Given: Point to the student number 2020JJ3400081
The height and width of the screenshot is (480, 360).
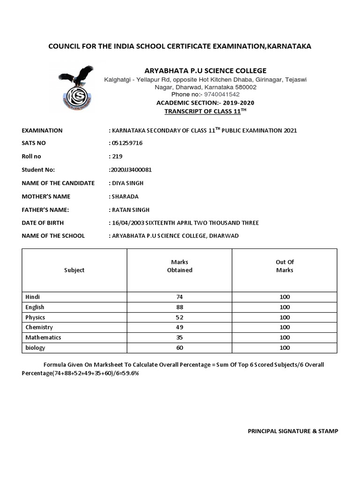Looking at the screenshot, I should [x=130, y=170].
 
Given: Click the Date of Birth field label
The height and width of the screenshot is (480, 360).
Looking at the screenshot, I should [x=43, y=223].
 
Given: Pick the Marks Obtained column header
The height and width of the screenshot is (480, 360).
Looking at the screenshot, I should [x=180, y=266].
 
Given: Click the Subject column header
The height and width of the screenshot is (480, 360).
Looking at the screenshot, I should [x=74, y=270].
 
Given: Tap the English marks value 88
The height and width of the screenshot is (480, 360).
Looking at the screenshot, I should [x=180, y=307].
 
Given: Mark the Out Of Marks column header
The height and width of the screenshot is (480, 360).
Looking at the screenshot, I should [x=285, y=266].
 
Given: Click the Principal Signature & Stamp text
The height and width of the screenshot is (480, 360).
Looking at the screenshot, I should [x=292, y=431].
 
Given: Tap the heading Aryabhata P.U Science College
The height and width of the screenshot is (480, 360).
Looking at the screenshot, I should [x=205, y=71].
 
